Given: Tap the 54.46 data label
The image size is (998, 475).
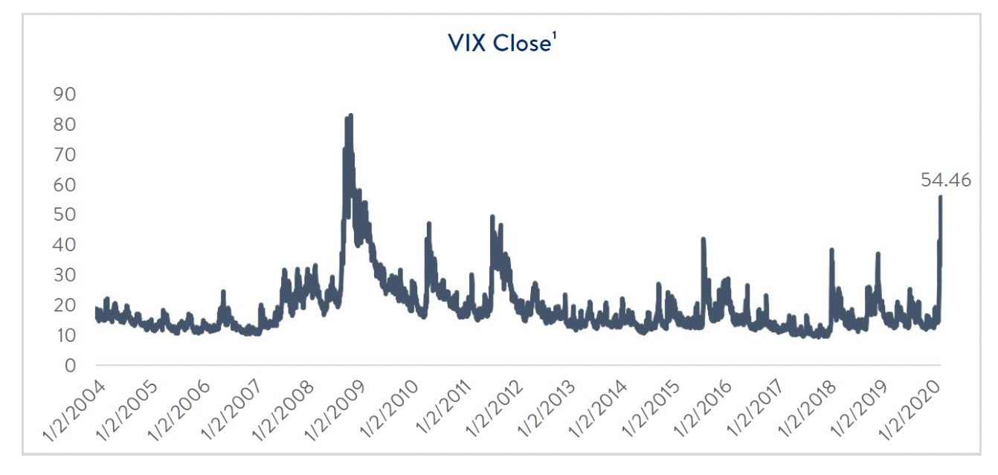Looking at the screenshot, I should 945,180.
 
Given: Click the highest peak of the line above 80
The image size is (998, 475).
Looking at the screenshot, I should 350,116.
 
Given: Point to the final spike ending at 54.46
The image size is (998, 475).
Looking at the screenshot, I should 941,198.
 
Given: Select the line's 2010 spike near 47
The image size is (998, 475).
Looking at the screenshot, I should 429,224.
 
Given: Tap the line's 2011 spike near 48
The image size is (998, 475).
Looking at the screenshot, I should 492,217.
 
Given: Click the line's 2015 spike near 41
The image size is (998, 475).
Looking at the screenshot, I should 703,239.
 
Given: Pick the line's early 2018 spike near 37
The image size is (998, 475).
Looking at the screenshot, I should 831,251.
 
